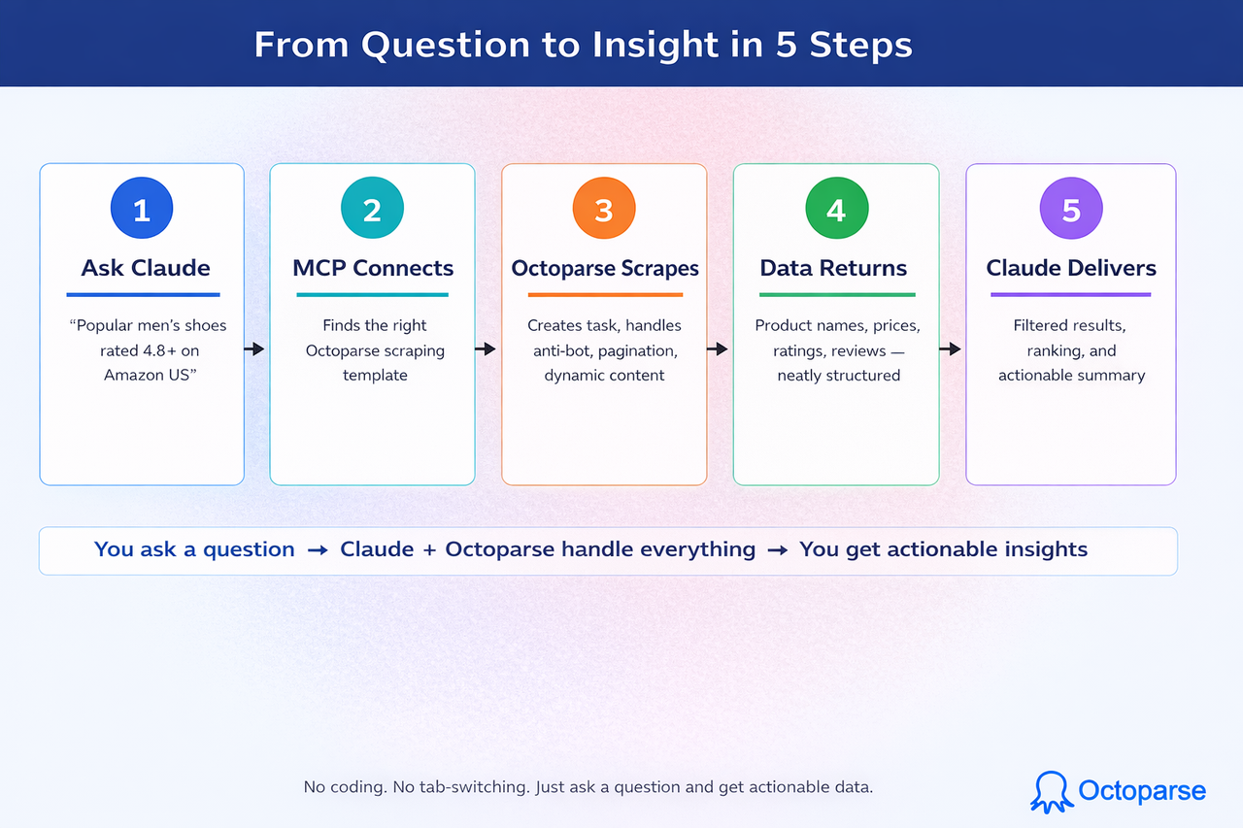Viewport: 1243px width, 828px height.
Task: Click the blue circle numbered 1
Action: tap(142, 209)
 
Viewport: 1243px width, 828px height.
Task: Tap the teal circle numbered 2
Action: tap(372, 209)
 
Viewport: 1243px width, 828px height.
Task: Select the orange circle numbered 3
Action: tap(604, 209)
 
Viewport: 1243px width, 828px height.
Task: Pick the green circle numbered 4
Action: tap(836, 209)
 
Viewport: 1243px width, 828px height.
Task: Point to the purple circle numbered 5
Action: tap(1071, 209)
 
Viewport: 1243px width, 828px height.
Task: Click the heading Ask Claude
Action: tap(146, 268)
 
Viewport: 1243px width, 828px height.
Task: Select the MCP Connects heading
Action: tap(372, 268)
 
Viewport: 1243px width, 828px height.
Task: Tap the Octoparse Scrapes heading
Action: tap(605, 268)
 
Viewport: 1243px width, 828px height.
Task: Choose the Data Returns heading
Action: tap(833, 268)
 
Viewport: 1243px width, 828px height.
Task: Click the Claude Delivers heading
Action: tap(1071, 268)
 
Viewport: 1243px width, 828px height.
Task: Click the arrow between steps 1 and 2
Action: tap(254, 349)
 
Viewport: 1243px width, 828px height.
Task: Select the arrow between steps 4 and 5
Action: tap(951, 349)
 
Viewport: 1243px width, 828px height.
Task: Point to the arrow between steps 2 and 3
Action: tap(487, 349)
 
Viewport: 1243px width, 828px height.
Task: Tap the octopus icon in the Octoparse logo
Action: tap(1050, 791)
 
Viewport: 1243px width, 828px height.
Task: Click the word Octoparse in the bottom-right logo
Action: tap(1142, 791)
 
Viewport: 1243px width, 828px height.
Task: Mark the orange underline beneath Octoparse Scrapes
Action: tap(605, 294)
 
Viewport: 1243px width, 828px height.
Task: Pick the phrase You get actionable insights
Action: tap(943, 549)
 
